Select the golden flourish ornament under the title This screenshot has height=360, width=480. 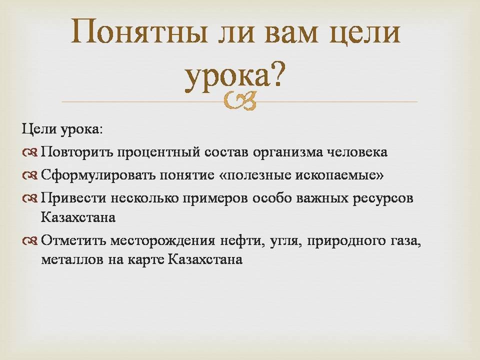click(239, 100)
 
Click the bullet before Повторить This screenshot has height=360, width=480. click(29, 152)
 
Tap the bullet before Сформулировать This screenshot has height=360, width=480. click(29, 175)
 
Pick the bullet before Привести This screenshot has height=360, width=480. click(29, 199)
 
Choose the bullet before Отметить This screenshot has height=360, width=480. click(29, 241)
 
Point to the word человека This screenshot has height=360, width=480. click(357, 152)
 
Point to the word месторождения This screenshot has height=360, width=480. click(162, 241)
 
